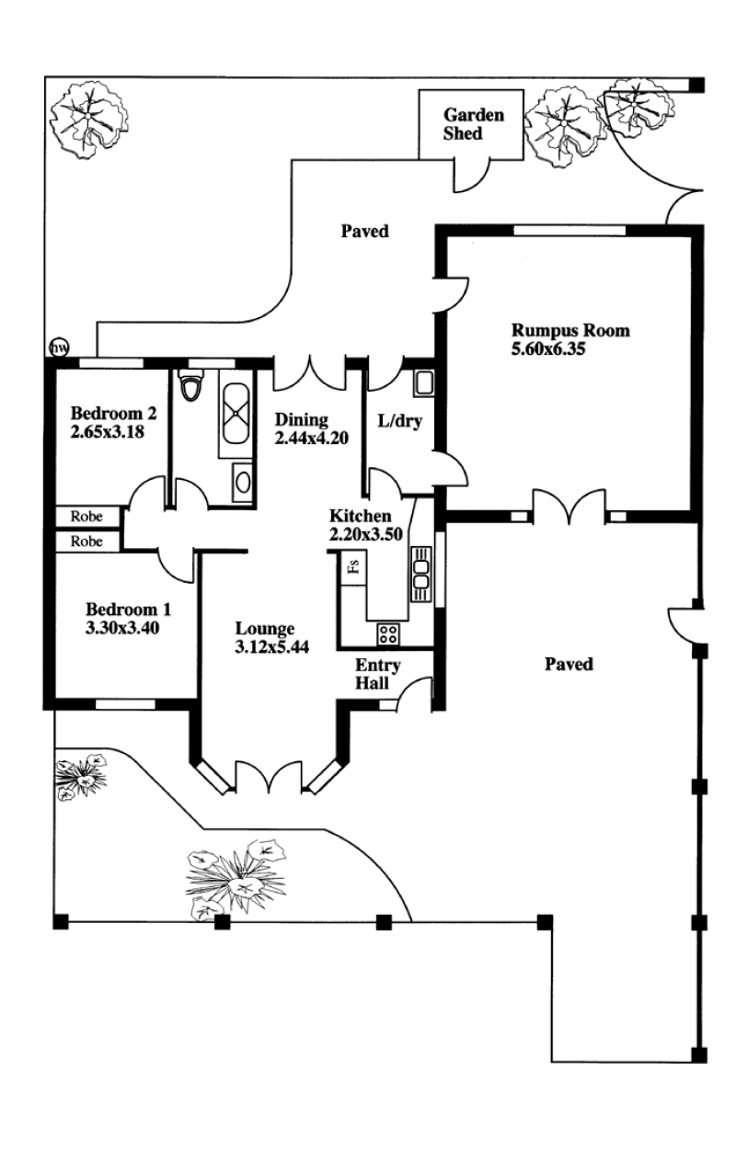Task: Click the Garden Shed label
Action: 474,124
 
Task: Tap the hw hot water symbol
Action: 59,348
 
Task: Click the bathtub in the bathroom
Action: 236,414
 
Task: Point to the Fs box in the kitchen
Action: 353,568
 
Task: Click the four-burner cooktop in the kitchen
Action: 388,633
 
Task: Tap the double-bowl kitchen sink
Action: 421,574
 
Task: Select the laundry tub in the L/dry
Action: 423,382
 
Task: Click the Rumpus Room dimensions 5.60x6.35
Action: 548,348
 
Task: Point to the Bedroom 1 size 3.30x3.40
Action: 122,627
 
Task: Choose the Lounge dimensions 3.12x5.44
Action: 272,646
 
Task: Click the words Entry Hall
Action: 377,674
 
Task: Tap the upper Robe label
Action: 86,516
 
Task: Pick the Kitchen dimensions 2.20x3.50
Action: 366,534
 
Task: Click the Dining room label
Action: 302,419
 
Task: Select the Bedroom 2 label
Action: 114,414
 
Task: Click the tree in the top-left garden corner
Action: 88,120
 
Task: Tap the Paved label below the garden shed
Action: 365,232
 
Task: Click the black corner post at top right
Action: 696,85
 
